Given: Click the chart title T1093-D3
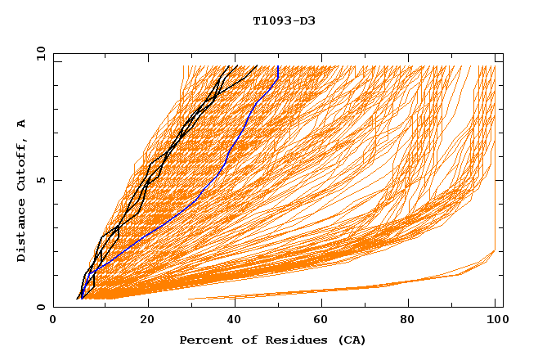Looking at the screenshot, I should tap(284, 20).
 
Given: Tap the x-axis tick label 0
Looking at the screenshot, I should tap(53, 322).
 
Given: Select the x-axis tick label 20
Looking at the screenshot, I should tap(147, 322).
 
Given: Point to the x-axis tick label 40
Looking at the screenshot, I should tap(235, 322).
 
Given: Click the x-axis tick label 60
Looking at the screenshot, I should tap(324, 322).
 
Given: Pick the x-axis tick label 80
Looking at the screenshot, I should tap(412, 322).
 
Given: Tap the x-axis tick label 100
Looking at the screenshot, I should tap(496, 322).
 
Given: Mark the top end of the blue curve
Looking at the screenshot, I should tap(278, 66).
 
